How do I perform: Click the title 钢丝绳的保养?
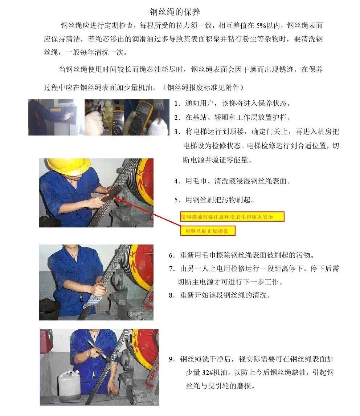pos(175,12)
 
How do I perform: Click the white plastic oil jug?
pos(69,385)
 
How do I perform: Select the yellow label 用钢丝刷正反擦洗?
pos(208,231)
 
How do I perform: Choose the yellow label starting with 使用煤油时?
pos(232,217)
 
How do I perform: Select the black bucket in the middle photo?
pos(49,311)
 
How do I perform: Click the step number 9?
pos(172,359)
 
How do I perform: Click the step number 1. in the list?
pos(177,104)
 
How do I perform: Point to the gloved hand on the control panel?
pos(67,116)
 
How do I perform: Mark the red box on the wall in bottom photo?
pos(45,342)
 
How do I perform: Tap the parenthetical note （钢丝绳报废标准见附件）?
pos(204,87)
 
